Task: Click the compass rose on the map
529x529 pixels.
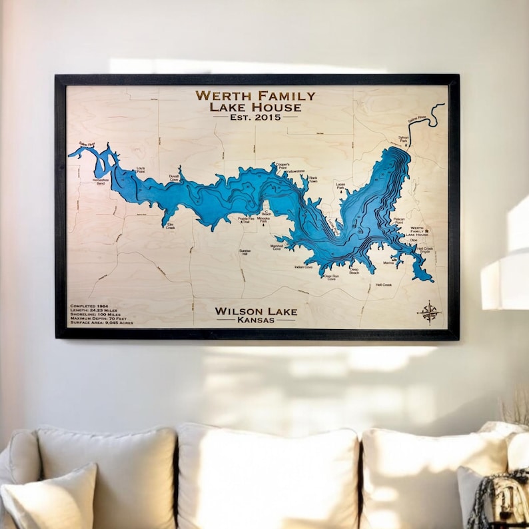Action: tap(428, 312)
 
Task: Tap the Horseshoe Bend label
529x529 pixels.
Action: tap(101, 182)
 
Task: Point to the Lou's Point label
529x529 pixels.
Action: tap(141, 170)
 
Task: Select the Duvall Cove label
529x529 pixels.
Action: tap(173, 178)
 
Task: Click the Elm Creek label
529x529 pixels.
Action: tap(171, 226)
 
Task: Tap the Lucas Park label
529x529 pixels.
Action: tap(340, 187)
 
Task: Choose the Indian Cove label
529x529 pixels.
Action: tap(303, 266)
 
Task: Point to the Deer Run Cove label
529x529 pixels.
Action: tap(330, 276)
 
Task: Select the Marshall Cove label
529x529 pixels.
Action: tap(276, 247)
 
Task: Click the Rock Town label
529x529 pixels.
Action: tap(313, 179)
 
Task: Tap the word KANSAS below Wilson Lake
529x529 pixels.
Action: tap(256, 320)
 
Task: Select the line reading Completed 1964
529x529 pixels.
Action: tap(89, 306)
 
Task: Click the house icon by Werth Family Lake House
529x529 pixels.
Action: tap(426, 231)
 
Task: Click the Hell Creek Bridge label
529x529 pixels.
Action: tap(424, 250)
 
